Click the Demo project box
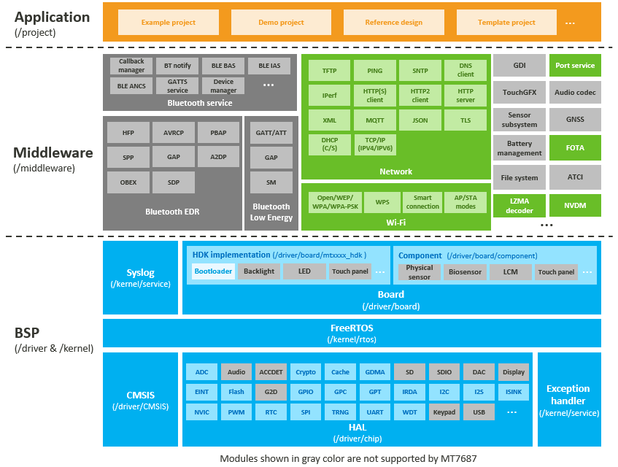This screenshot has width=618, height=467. (281, 22)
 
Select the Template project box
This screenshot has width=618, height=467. (506, 22)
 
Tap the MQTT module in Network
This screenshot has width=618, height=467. (374, 120)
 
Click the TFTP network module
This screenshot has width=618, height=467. (329, 70)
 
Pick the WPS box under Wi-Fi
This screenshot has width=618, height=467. (382, 202)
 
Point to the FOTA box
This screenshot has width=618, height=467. (575, 148)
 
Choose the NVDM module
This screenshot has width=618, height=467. (575, 205)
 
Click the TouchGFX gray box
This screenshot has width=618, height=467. (519, 93)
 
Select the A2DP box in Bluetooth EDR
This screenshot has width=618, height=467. (218, 157)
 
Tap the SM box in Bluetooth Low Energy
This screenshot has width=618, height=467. (271, 182)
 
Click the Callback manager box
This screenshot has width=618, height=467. (131, 66)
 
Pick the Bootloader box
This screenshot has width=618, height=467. (213, 271)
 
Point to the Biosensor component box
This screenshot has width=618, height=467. (465, 272)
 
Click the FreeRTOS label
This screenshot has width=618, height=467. (352, 328)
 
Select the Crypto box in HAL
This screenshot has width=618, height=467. (306, 371)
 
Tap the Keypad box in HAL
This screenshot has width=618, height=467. (444, 412)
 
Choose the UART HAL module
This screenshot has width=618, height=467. (374, 412)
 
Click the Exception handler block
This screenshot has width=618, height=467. (568, 400)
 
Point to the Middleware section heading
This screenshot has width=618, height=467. (53, 153)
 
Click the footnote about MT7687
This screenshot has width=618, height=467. (349, 458)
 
